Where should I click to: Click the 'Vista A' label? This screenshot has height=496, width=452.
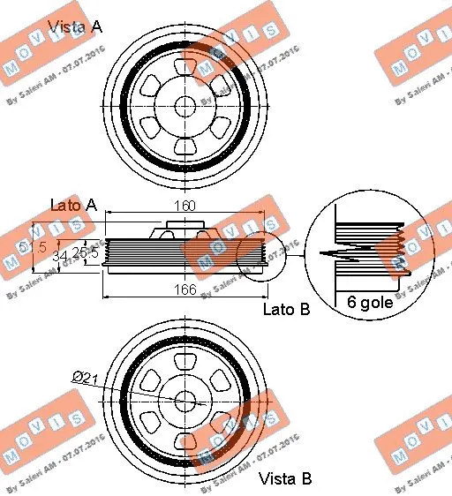click(74, 26)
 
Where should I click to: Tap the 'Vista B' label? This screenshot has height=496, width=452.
click(285, 479)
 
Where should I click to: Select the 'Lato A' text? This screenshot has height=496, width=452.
click(73, 205)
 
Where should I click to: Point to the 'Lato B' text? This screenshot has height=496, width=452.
click(287, 310)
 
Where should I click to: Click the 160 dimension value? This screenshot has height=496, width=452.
click(185, 206)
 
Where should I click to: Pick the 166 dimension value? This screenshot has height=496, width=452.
click(185, 289)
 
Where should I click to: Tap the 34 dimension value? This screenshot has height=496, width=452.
click(59, 256)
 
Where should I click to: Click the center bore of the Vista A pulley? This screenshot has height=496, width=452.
click(185, 105)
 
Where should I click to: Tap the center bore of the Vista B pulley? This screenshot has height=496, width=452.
click(185, 399)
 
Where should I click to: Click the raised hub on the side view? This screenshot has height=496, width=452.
click(185, 233)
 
